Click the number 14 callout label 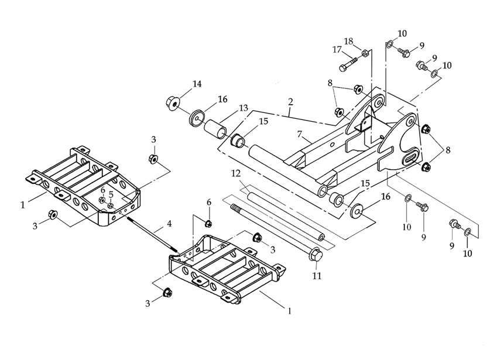(197, 84)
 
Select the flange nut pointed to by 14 (172, 103)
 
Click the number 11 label (317, 275)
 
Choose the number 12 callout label (235, 174)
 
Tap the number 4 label (169, 223)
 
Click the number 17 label (337, 50)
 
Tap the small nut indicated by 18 (364, 53)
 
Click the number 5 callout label (111, 194)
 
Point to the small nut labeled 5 (110, 205)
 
